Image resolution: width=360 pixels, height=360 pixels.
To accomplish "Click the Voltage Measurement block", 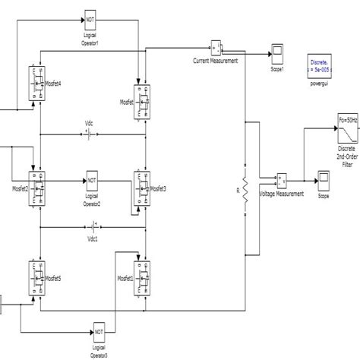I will [x=282, y=181].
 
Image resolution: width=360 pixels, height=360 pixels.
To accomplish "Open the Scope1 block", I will [x=276, y=54].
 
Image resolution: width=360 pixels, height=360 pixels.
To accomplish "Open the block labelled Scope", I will [x=324, y=181].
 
